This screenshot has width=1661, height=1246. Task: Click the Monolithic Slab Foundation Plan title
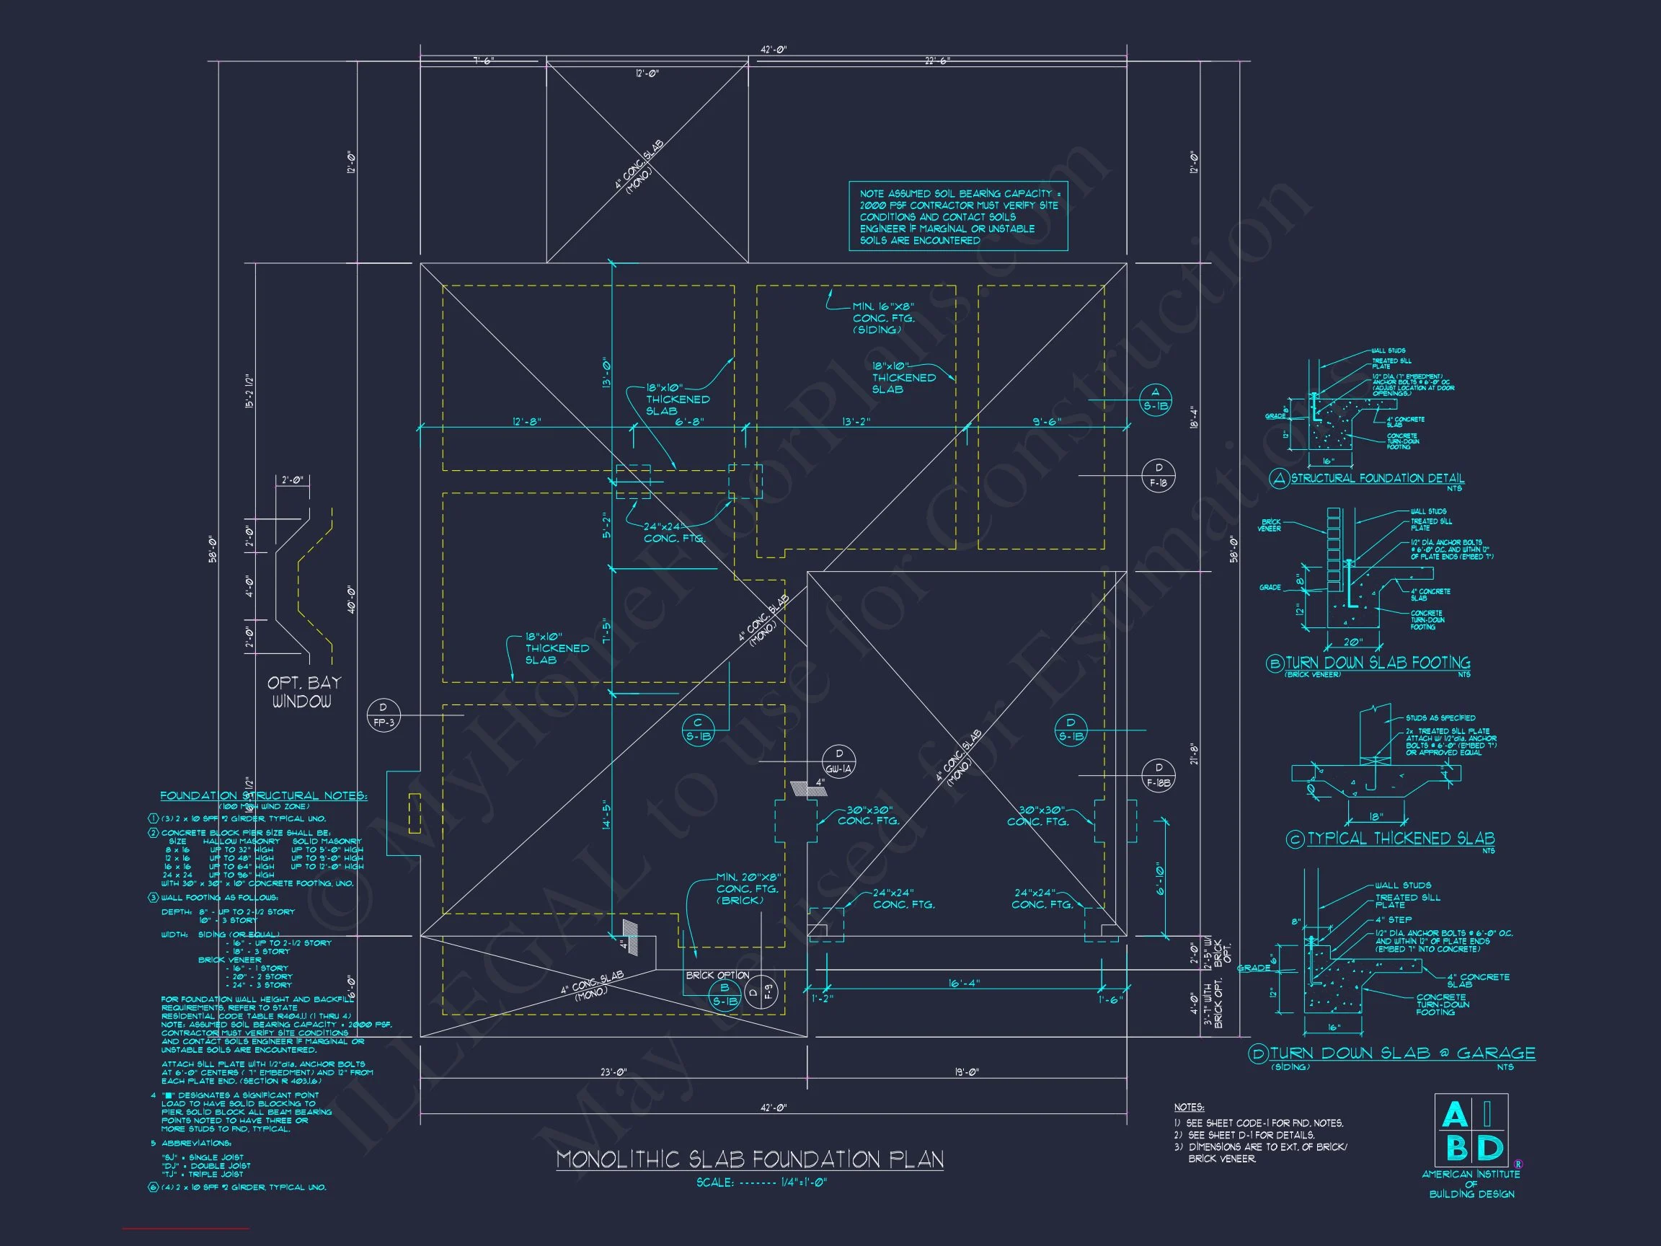(750, 1159)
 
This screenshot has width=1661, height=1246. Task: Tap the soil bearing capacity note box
(958, 216)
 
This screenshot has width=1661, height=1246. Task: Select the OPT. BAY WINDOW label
(304, 692)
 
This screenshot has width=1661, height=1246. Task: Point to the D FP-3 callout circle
(383, 715)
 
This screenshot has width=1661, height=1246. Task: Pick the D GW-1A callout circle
(838, 761)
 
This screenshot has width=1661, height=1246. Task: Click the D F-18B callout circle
(1159, 775)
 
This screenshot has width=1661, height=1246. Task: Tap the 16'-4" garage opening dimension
(963, 982)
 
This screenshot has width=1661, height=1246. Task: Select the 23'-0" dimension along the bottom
(613, 1072)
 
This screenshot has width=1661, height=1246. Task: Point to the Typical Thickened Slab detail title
(1401, 838)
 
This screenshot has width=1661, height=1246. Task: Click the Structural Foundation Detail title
(1377, 478)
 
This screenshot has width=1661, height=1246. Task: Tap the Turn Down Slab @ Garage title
(1402, 1053)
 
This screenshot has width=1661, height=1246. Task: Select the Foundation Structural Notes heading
(264, 795)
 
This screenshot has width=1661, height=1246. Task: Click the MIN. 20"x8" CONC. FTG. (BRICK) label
(748, 888)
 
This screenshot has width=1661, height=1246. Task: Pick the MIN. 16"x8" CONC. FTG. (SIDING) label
(883, 319)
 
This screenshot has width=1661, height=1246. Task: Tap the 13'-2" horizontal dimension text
(856, 422)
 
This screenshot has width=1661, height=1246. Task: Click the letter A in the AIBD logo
(1455, 1115)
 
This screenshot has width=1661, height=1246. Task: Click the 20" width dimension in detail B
(1352, 642)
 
